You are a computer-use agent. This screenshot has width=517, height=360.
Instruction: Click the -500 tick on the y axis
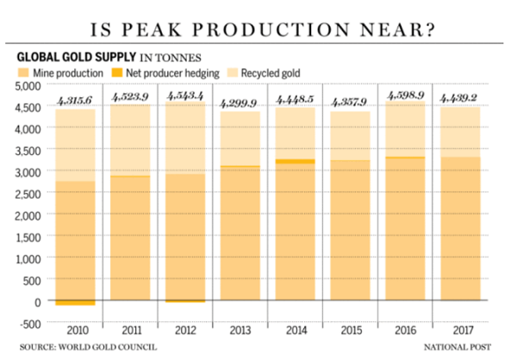click(27, 323)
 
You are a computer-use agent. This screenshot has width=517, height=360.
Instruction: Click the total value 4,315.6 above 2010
click(75, 101)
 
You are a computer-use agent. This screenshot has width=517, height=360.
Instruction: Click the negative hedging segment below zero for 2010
click(75, 303)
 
